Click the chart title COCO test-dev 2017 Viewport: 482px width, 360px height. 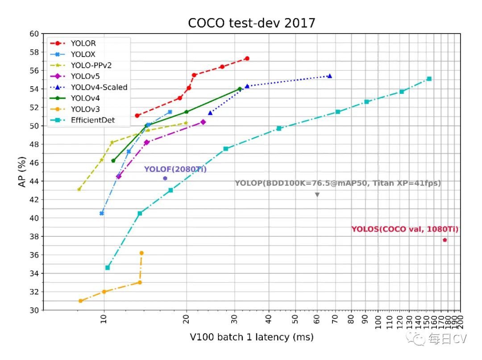coord(251,23)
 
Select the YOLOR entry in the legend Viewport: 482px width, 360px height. coord(83,43)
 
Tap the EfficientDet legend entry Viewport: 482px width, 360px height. coord(92,120)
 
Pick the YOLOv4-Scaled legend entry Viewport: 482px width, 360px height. coord(99,87)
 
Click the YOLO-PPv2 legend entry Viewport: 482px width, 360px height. coord(91,65)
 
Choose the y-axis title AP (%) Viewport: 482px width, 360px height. coord(23,172)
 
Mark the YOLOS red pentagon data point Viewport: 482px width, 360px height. coord(445,240)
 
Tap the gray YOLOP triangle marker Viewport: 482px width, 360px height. coord(317,195)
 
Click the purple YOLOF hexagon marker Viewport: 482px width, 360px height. coord(165,178)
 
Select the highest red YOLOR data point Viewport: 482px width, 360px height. coord(247,59)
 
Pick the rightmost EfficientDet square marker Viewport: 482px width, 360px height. coord(429,79)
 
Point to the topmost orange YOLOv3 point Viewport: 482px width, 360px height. coord(141,253)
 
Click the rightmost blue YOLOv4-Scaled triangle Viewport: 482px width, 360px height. coord(329,76)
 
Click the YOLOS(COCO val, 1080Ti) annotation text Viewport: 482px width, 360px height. coord(405,230)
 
